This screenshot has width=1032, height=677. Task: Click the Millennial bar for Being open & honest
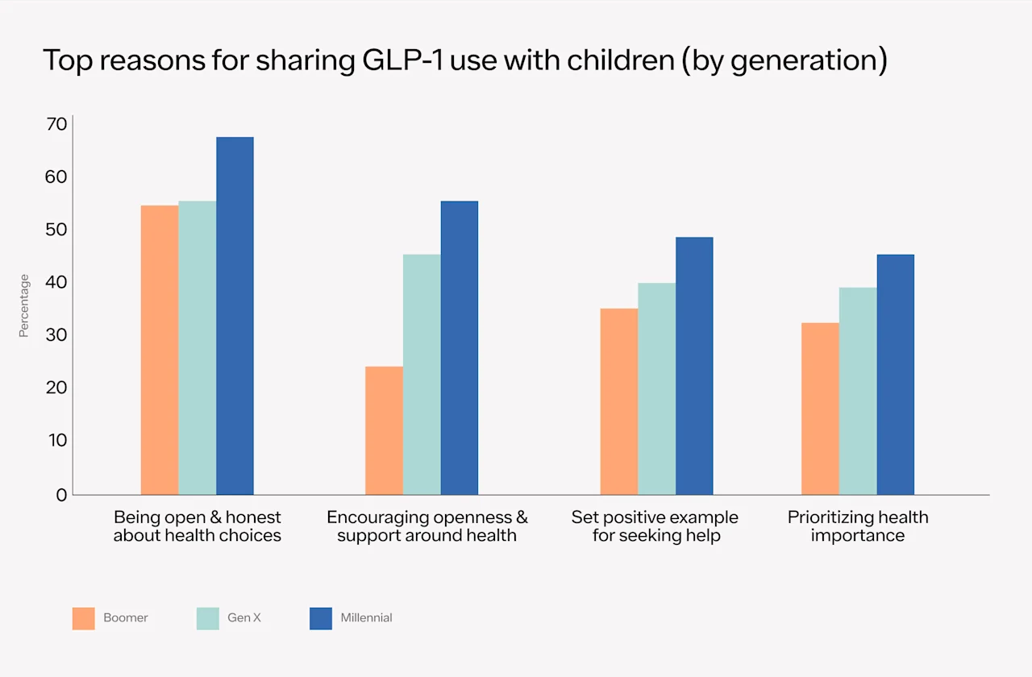(235, 316)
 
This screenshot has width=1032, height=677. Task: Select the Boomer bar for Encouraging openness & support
(384, 430)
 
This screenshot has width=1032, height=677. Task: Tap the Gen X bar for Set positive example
(656, 388)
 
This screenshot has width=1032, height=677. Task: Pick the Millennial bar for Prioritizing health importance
(895, 375)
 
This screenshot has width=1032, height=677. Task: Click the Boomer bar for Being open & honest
(160, 350)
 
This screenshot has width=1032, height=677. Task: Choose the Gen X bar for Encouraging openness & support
(422, 375)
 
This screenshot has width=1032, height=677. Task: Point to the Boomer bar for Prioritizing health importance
(820, 409)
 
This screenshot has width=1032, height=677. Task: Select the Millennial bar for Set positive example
(694, 366)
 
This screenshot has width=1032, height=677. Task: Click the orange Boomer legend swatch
(83, 618)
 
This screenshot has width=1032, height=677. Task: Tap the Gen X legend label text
(244, 618)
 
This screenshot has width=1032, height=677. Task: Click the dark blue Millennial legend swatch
(321, 618)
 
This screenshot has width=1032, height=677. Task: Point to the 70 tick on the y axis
(56, 125)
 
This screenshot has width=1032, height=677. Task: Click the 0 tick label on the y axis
(61, 495)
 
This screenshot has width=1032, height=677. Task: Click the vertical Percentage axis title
(24, 305)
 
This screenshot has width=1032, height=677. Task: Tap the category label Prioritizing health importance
(858, 526)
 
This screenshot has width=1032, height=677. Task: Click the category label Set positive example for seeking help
(655, 526)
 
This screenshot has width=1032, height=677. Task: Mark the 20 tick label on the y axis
(56, 388)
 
